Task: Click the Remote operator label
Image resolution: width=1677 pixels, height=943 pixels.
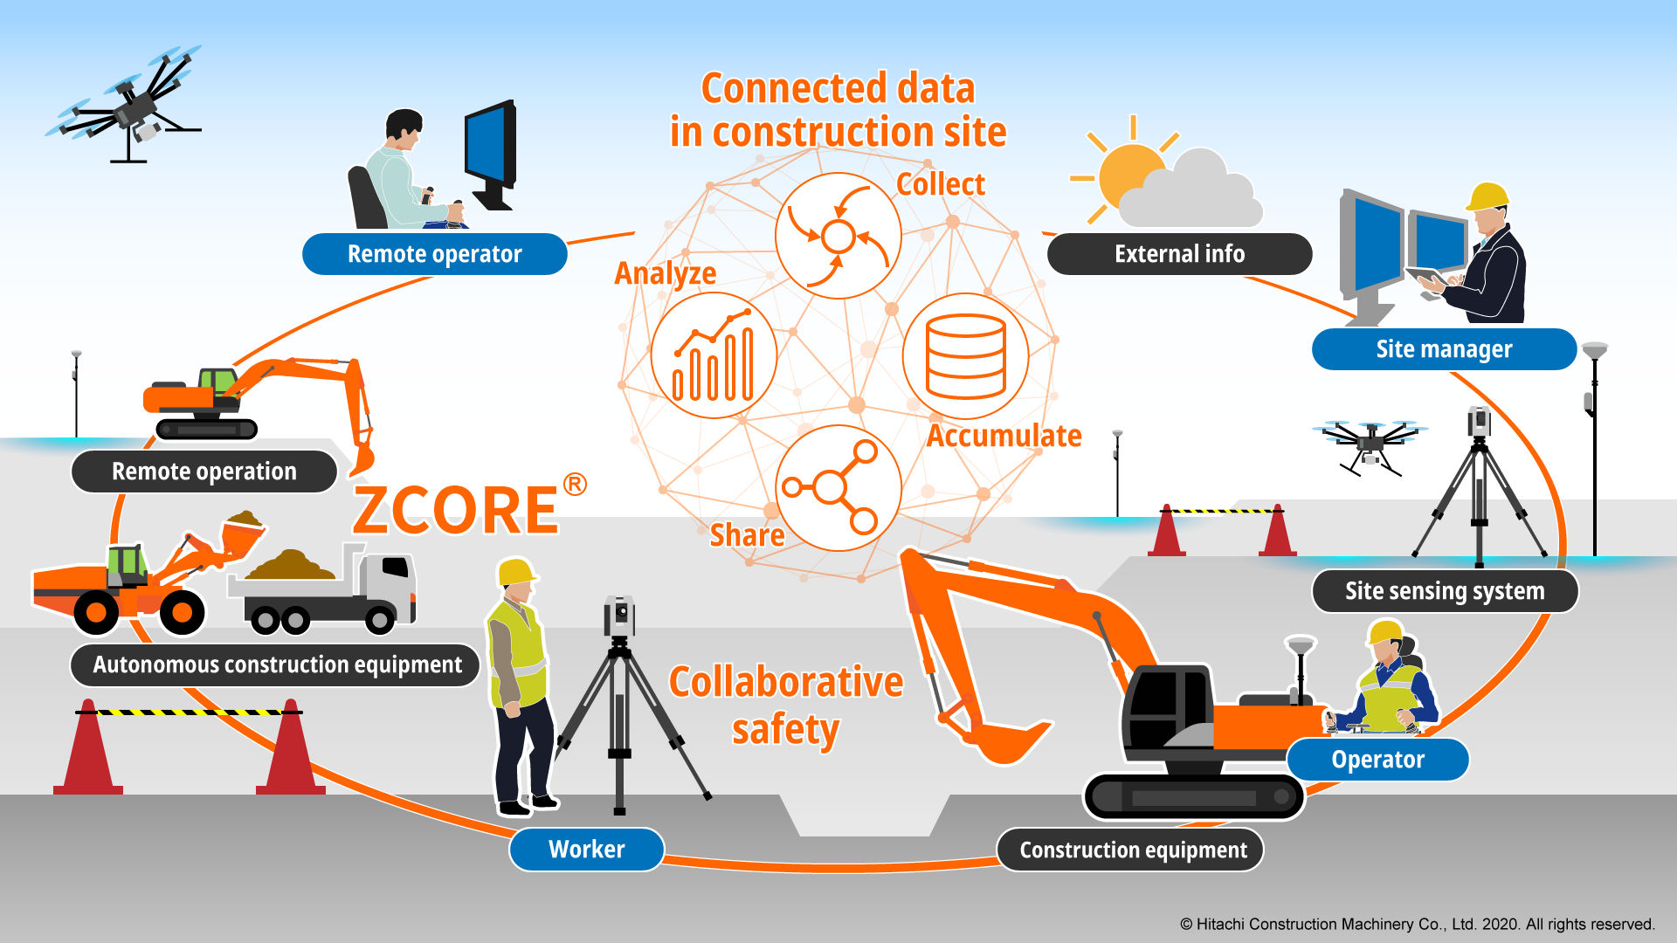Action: coord(434,254)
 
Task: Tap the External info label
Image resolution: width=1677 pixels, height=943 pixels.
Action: coord(1179,254)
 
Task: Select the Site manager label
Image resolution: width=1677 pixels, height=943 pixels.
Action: coord(1444,349)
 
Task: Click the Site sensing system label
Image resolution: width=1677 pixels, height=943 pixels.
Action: coord(1445,591)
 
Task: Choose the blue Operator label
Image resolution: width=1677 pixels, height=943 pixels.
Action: coord(1377,760)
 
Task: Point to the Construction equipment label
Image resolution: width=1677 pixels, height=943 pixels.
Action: coord(1133,850)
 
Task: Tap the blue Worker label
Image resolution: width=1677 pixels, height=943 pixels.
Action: coord(586,850)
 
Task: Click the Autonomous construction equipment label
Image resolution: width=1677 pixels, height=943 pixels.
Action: coord(277,665)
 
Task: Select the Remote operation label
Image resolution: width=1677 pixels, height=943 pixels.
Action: coord(204,471)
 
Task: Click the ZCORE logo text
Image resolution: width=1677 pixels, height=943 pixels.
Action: coord(457,510)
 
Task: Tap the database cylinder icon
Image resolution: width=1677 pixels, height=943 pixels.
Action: coord(965,356)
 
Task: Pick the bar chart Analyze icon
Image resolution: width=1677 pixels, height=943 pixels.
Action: coord(714,356)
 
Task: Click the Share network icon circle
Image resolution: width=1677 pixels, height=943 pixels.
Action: coord(838,488)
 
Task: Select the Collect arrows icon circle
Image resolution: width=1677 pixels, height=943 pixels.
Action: coord(838,236)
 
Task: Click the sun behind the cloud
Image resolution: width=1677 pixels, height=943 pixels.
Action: coord(1127,173)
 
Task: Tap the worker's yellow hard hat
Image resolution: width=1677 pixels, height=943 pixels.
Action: coord(516,572)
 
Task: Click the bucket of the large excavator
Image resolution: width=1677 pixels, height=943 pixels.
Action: coord(1004,738)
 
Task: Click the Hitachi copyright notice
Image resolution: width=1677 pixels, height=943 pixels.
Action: coord(1417,924)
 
